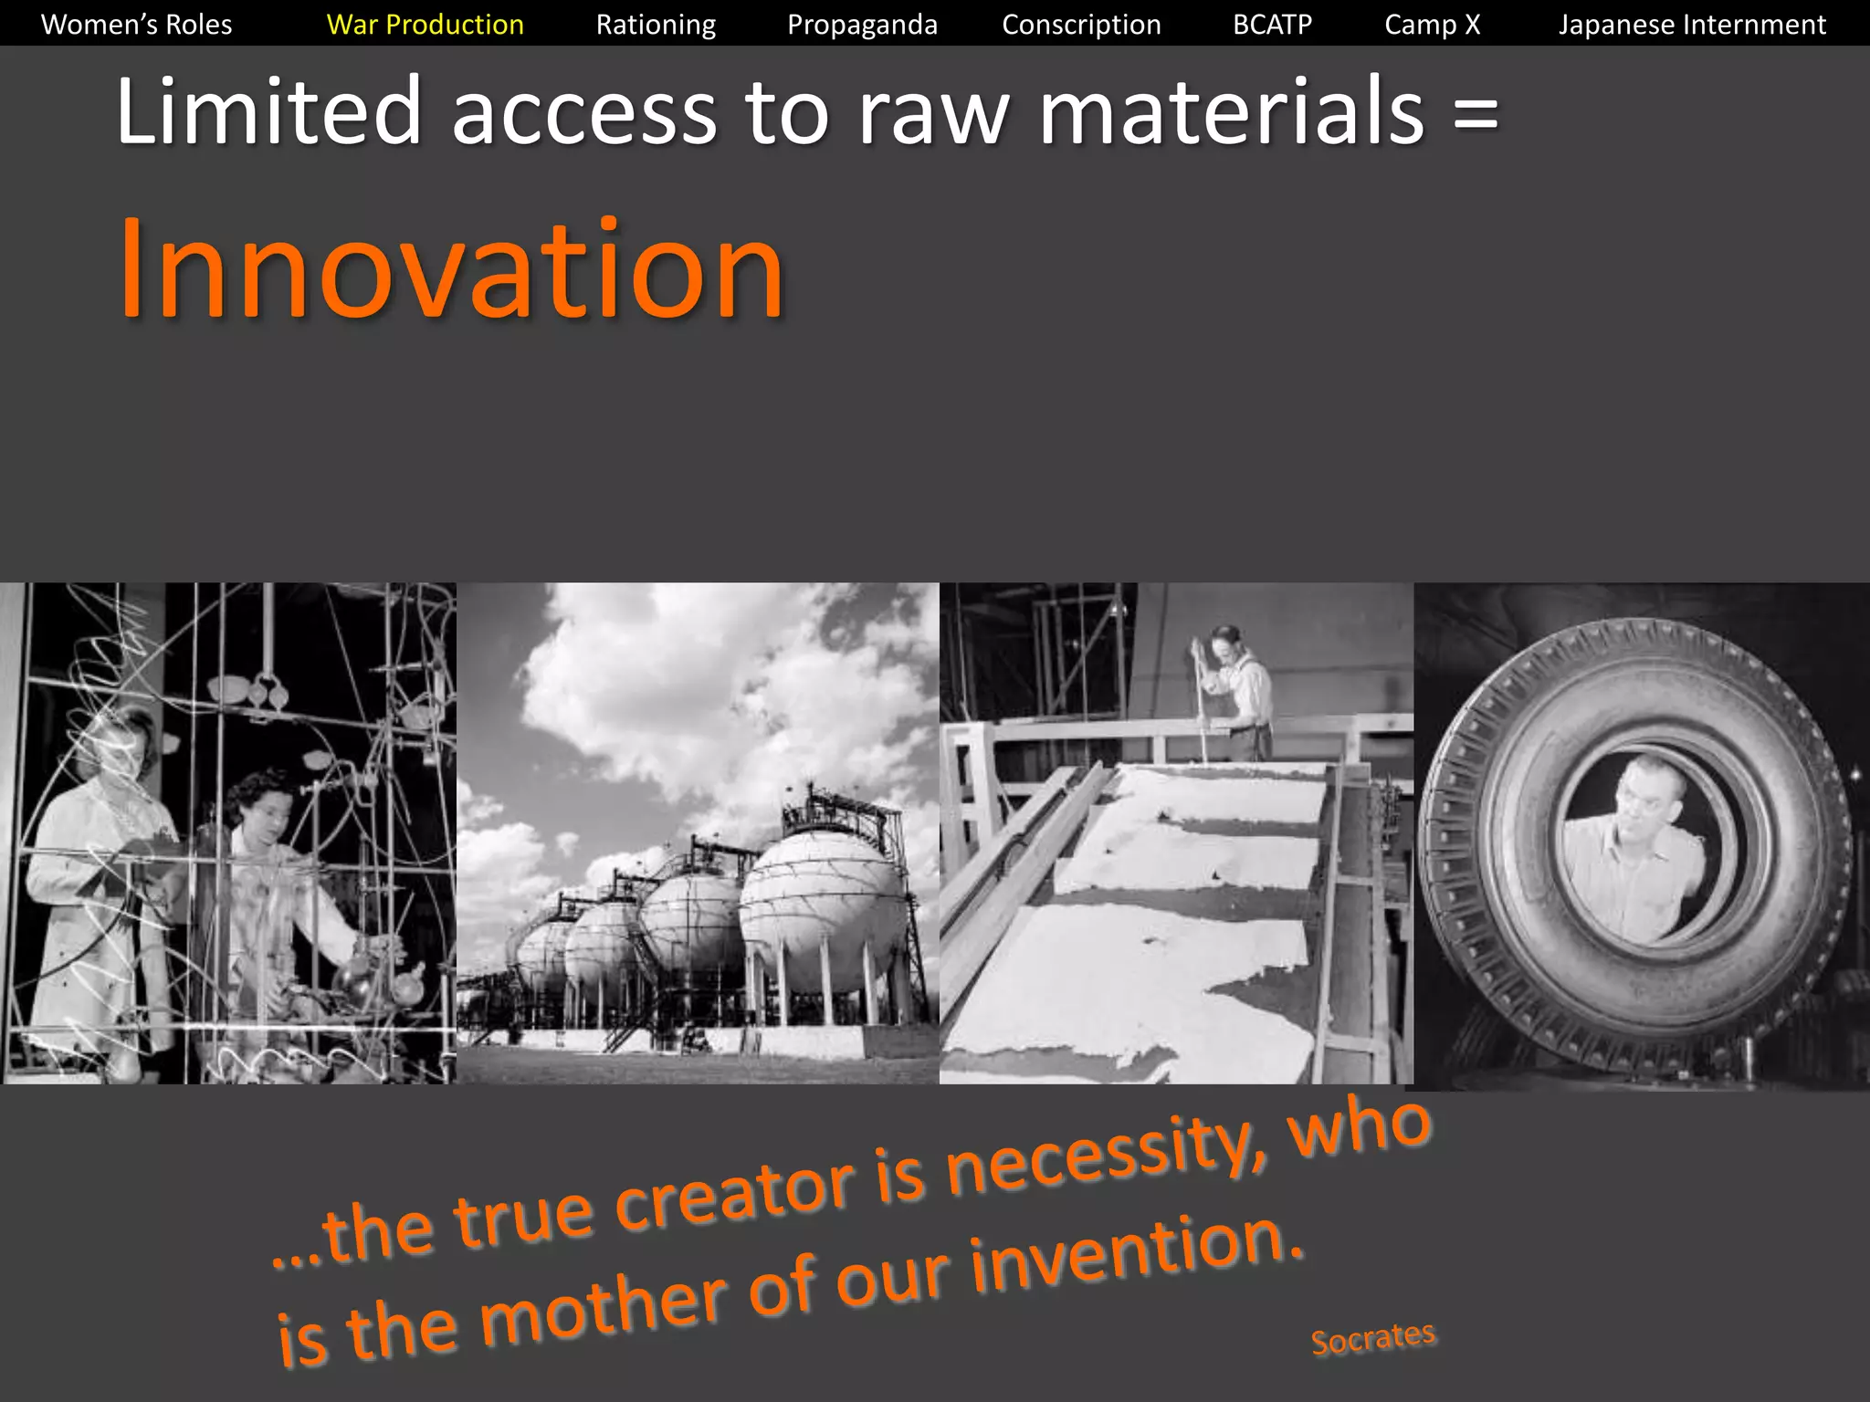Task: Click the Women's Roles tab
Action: (x=137, y=25)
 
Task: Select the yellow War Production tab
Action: (x=425, y=25)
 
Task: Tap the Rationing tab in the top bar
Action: (x=656, y=25)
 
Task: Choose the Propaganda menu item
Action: (x=862, y=25)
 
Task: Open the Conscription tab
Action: (x=1081, y=25)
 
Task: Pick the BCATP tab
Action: (x=1272, y=25)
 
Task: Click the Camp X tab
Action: (x=1432, y=25)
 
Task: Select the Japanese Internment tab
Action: (x=1692, y=25)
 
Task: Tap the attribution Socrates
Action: (x=1372, y=1338)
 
